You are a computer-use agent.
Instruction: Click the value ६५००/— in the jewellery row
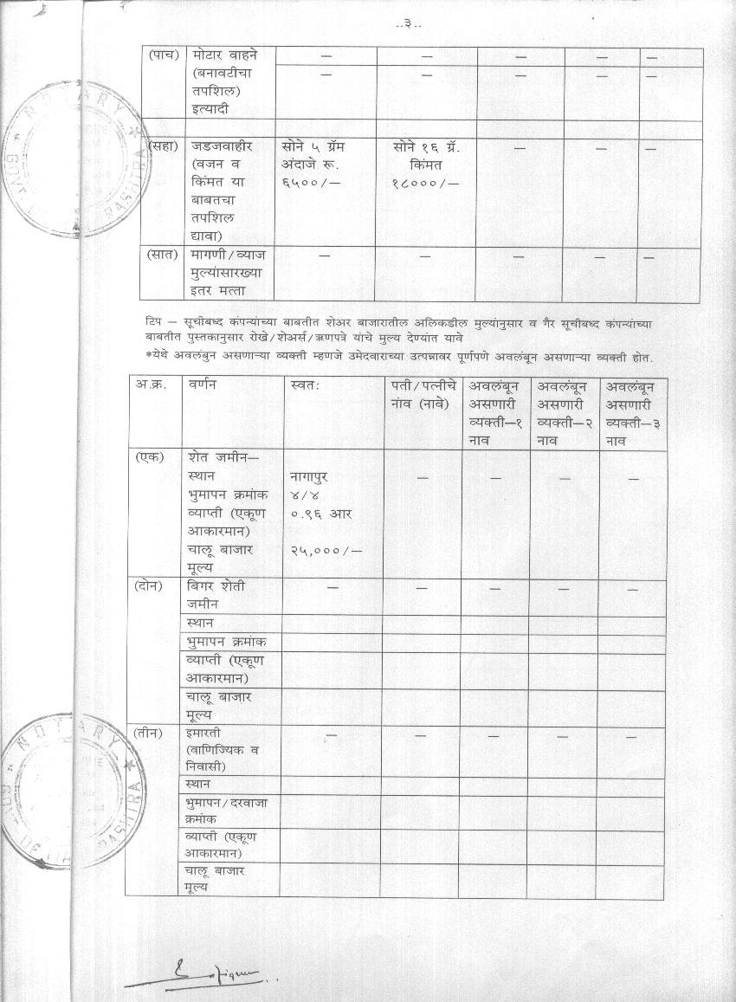(x=311, y=182)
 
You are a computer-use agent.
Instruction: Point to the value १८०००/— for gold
(x=424, y=182)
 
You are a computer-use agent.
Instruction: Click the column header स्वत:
(x=307, y=385)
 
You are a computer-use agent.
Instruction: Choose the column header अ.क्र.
(x=152, y=385)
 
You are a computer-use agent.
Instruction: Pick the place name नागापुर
(x=310, y=477)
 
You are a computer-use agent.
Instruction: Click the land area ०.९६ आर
(x=321, y=514)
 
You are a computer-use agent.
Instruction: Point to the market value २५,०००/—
(x=326, y=550)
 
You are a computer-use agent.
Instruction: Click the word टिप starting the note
(x=155, y=323)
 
